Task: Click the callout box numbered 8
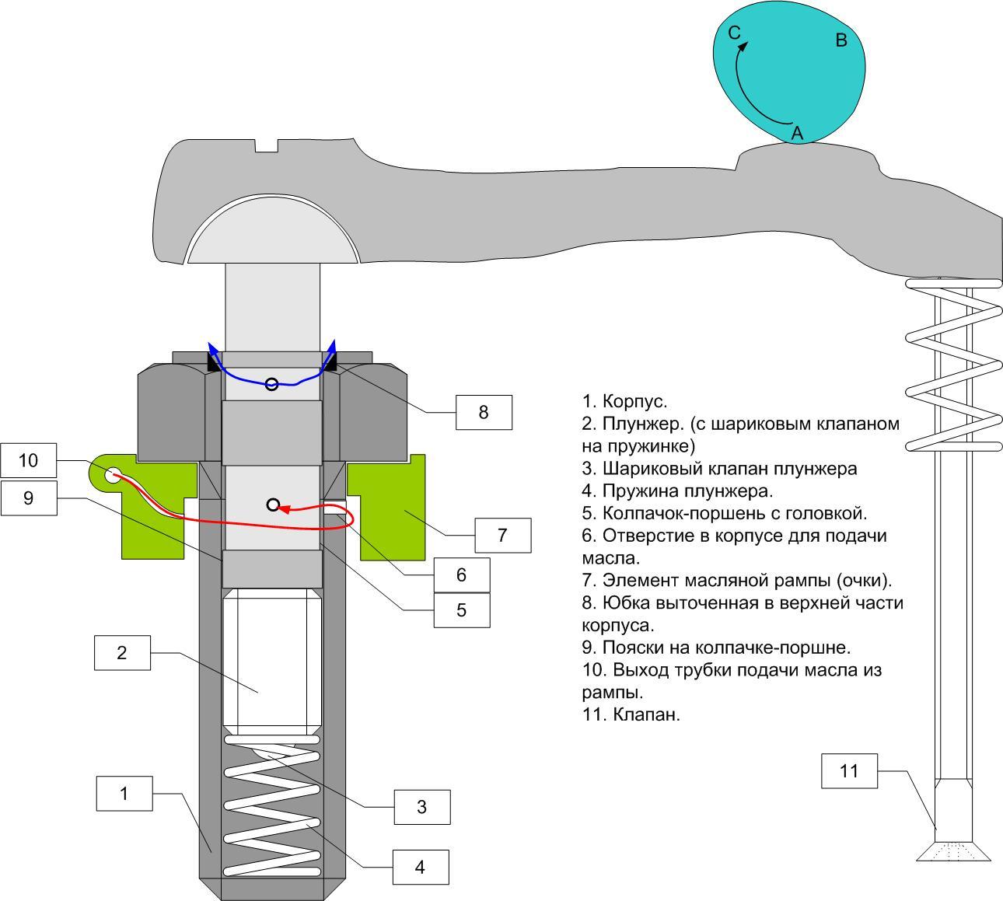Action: point(484,412)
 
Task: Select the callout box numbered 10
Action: point(28,460)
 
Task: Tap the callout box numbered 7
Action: point(502,535)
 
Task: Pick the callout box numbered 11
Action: point(850,770)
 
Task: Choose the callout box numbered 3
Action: point(421,807)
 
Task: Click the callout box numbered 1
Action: point(124,794)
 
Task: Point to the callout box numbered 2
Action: point(121,652)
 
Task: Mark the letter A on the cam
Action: point(797,134)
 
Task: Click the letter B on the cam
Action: point(840,40)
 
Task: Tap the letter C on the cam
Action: point(734,33)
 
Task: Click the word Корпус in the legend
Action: point(634,402)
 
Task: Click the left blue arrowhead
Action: point(211,347)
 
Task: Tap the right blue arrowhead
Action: point(333,346)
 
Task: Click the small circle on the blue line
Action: point(271,384)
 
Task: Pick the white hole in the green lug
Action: point(113,474)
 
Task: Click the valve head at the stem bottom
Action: point(953,852)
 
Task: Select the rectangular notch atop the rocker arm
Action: point(267,145)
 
